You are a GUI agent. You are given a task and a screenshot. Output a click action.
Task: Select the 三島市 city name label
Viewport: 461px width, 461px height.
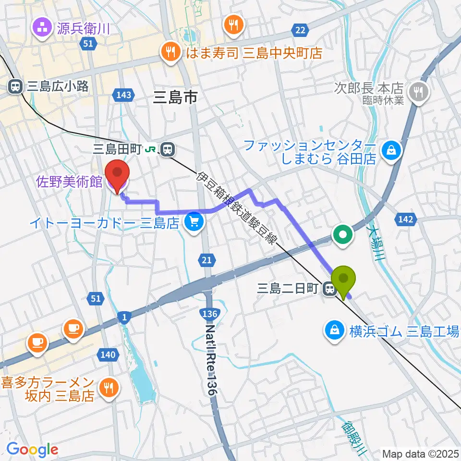click(x=175, y=98)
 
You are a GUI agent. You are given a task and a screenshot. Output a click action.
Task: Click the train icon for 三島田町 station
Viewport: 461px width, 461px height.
click(x=168, y=150)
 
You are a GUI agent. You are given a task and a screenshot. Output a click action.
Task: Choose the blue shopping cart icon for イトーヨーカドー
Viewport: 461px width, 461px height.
click(x=194, y=222)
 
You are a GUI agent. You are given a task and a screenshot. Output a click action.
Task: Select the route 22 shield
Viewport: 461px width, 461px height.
click(x=300, y=31)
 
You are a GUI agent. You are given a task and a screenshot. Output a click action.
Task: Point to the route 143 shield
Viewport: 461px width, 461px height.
click(x=123, y=95)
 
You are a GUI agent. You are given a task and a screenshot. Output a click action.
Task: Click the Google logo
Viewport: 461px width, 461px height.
click(x=32, y=449)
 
